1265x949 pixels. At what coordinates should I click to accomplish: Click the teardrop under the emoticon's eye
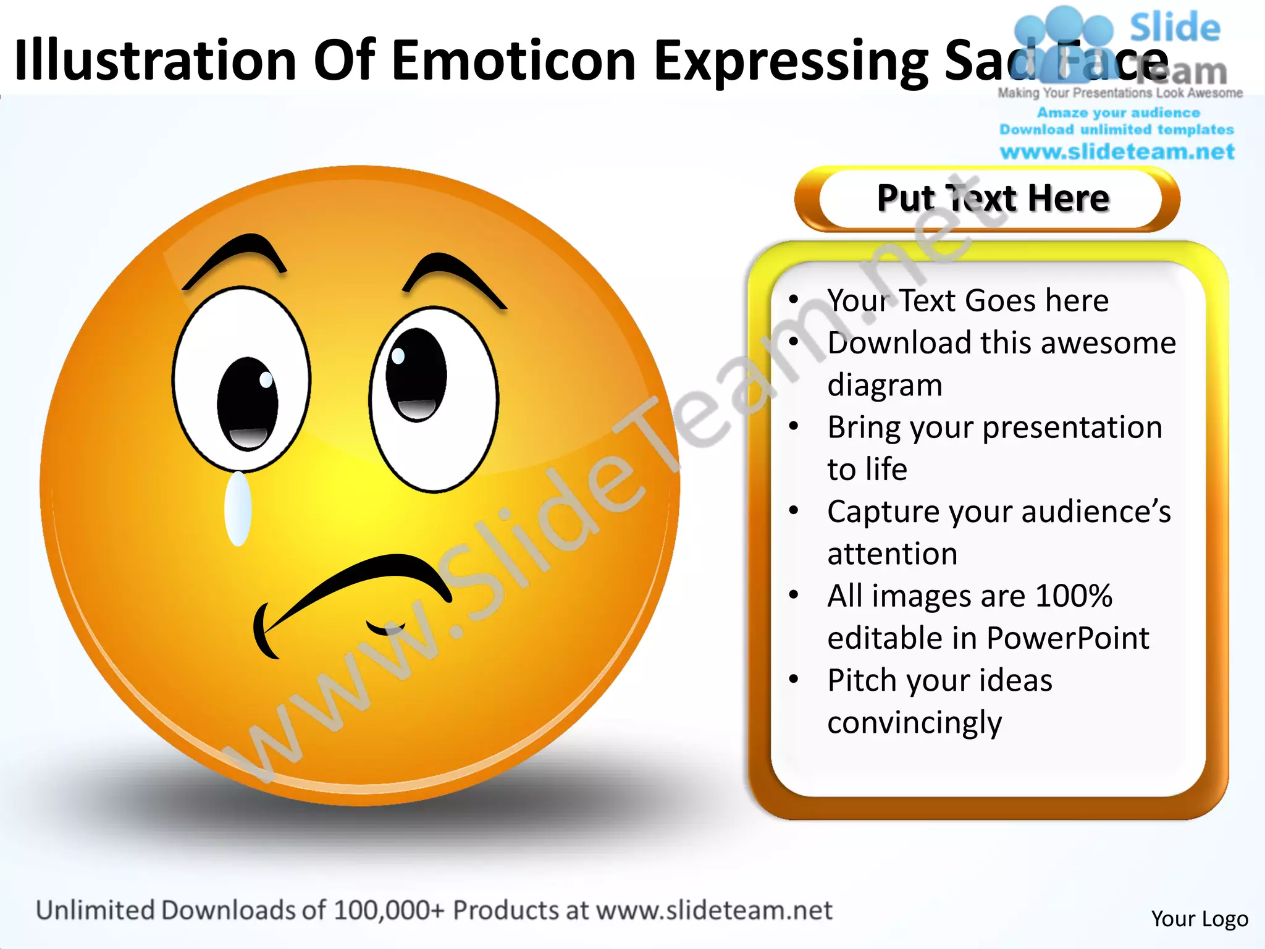[x=238, y=508]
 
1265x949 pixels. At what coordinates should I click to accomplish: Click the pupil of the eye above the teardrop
[x=248, y=403]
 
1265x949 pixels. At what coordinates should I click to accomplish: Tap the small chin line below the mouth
[x=385, y=630]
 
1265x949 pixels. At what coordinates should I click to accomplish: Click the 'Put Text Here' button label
[x=993, y=199]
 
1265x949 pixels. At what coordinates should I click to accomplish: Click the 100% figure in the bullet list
[x=1074, y=596]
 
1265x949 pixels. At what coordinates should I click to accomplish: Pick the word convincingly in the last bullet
[x=914, y=722]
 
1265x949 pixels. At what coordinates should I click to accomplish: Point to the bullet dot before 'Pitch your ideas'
[x=794, y=680]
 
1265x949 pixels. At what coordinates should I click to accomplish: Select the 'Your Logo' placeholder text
[x=1200, y=919]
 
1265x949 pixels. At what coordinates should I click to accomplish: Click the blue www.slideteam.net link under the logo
[x=1117, y=152]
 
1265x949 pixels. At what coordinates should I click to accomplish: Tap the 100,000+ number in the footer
[x=389, y=910]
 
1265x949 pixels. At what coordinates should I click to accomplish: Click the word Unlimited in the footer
[x=95, y=910]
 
